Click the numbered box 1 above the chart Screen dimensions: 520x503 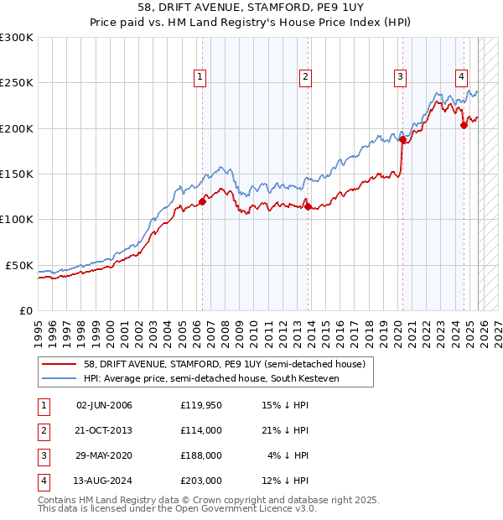(x=200, y=77)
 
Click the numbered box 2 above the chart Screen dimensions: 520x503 (x=305, y=77)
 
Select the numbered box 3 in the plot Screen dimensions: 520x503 (x=401, y=77)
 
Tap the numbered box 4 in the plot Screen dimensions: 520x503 (x=462, y=77)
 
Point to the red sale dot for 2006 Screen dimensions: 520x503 (x=202, y=201)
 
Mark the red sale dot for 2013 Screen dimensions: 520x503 (x=308, y=206)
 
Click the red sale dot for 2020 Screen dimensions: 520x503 (x=402, y=140)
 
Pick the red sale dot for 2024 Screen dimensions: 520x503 (x=464, y=126)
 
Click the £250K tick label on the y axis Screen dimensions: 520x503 (x=17, y=83)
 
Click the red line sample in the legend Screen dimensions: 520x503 (x=60, y=365)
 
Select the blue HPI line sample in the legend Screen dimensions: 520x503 (x=60, y=379)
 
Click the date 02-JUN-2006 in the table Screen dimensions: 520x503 (x=104, y=406)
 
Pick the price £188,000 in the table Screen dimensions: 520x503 (x=200, y=456)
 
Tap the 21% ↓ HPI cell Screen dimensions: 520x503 (x=285, y=431)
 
